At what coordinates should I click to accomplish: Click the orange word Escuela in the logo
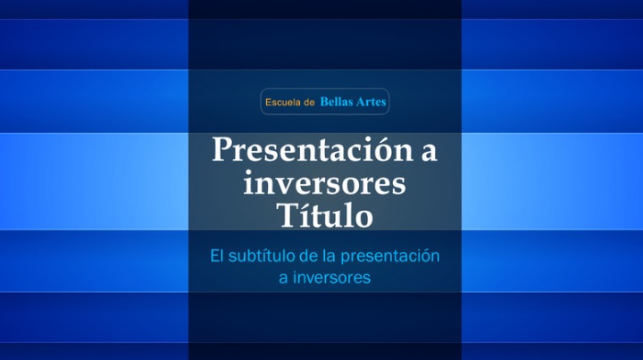(282, 102)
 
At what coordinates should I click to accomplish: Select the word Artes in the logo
(371, 102)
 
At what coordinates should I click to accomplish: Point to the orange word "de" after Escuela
(308, 102)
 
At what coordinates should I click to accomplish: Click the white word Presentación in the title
(313, 150)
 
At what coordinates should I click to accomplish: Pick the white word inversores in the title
(324, 184)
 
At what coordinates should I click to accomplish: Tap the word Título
(324, 214)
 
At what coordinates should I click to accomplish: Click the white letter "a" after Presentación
(429, 153)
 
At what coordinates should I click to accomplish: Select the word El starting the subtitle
(216, 255)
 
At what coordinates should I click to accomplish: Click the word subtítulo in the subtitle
(262, 255)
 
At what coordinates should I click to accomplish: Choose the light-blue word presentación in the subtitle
(390, 256)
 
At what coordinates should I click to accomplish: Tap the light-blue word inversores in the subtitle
(331, 278)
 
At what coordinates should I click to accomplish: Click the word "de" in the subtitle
(309, 255)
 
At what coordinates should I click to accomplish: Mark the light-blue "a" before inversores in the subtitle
(283, 280)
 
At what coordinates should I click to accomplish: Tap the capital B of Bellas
(324, 101)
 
